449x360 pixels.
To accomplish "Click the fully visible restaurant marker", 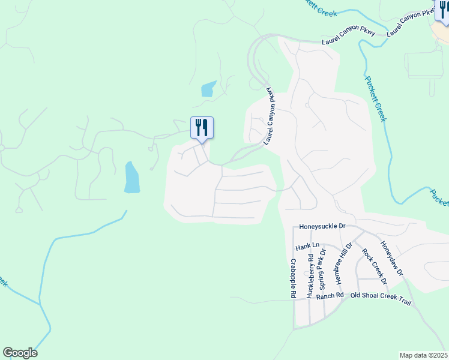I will click(202, 128).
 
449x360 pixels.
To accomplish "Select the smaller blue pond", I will click(208, 89).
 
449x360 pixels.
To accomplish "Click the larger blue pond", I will click(132, 178).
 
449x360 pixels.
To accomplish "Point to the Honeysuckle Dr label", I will click(322, 227).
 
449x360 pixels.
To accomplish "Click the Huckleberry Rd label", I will click(310, 277).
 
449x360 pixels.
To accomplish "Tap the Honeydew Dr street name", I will click(391, 259).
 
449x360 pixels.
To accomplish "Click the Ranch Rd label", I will click(330, 295).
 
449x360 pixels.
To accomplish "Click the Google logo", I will click(20, 353).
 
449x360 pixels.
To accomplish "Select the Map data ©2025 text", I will click(423, 355).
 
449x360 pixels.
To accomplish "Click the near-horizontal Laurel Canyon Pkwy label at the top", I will click(348, 37).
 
